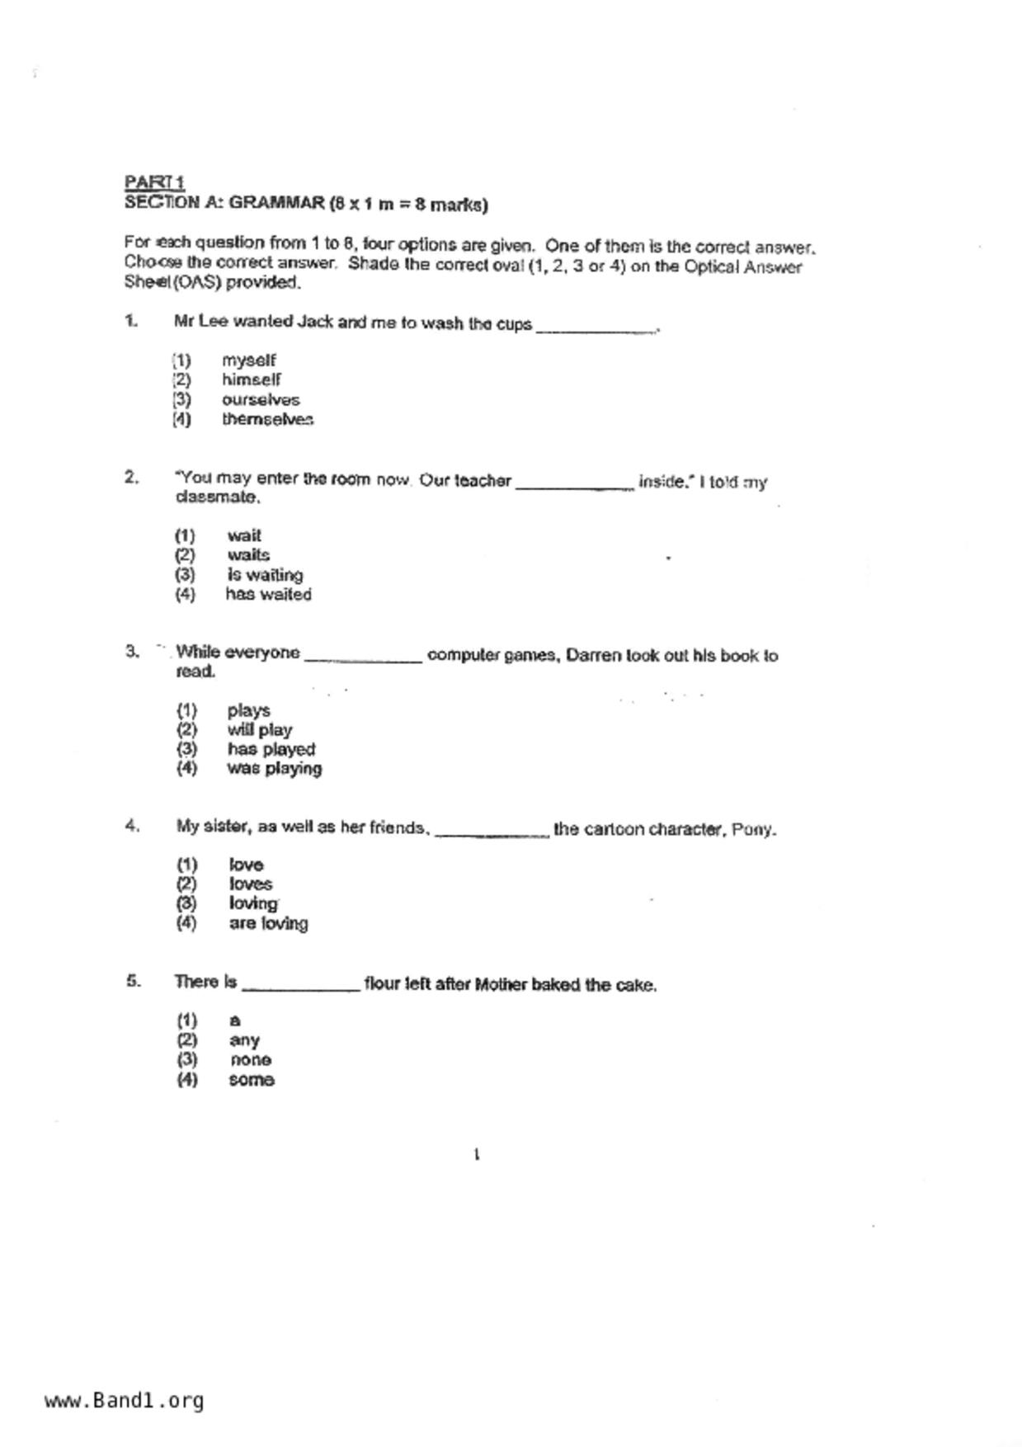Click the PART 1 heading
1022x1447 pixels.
pyautogui.click(x=154, y=181)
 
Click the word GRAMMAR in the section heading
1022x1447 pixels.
pyautogui.click(x=276, y=203)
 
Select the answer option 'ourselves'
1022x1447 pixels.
pyautogui.click(x=260, y=400)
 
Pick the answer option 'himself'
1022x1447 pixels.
pyautogui.click(x=251, y=380)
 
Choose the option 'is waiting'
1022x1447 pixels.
pyautogui.click(x=265, y=575)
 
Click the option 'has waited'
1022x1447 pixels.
pyautogui.click(x=268, y=595)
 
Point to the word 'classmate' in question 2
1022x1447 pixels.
pyautogui.click(x=217, y=497)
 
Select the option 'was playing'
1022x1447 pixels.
pyautogui.click(x=274, y=769)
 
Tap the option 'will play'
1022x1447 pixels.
pyautogui.click(x=259, y=730)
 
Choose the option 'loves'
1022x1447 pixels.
pyautogui.click(x=250, y=884)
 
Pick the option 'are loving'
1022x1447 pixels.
pyautogui.click(x=268, y=924)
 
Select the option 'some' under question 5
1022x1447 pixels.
pyautogui.click(x=252, y=1080)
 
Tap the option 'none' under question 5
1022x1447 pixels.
pyautogui.click(x=250, y=1060)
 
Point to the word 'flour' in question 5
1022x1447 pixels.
pyautogui.click(x=382, y=984)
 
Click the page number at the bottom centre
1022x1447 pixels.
pyautogui.click(x=477, y=1155)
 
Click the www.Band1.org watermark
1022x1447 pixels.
pyautogui.click(x=124, y=1401)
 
